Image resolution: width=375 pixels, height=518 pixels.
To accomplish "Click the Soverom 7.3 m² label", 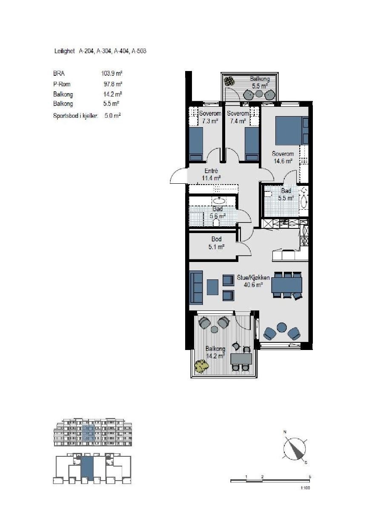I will [210, 117].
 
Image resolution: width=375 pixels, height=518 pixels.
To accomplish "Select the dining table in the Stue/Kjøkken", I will [286, 284].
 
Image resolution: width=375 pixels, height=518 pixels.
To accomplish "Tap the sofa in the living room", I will [196, 288].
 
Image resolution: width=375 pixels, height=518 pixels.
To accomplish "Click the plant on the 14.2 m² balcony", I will [200, 366].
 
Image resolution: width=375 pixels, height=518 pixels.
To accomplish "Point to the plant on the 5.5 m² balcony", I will [230, 80].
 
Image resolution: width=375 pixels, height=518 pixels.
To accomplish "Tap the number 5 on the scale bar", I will [310, 477].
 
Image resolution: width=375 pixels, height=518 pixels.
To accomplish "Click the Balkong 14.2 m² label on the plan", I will [215, 352].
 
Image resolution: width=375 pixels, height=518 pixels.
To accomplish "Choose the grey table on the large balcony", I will [241, 359].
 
